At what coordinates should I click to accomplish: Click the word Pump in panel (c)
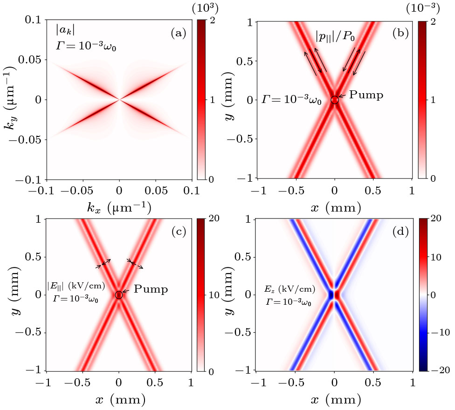(151, 289)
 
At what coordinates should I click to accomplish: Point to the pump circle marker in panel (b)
(335, 100)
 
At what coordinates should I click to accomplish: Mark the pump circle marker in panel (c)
(119, 294)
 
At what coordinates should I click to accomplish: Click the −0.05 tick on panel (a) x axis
(83, 191)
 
